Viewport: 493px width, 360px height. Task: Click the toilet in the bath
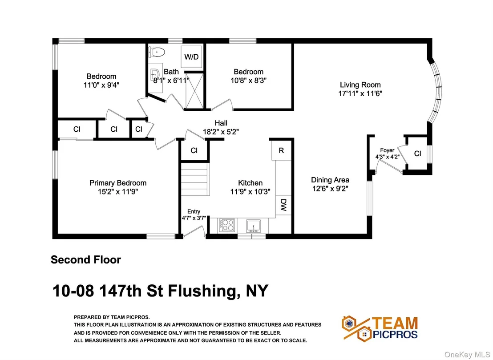[157, 52]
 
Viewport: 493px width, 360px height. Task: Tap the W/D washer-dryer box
[191, 57]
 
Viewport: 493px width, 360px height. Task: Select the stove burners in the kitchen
[226, 225]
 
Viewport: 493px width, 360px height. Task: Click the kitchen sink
[253, 226]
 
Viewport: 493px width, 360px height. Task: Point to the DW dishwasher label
[283, 205]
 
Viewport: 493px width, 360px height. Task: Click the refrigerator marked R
[281, 150]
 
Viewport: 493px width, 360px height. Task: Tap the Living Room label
[360, 85]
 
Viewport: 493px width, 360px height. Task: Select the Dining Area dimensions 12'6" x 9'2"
[330, 189]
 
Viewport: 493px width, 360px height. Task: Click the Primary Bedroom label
[118, 183]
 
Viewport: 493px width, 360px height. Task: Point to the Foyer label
[387, 150]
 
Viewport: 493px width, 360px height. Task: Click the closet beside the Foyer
[417, 154]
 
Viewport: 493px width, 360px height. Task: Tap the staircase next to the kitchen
[195, 179]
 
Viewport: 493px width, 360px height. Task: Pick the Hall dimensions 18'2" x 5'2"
[221, 132]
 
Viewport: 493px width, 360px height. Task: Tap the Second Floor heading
[86, 260]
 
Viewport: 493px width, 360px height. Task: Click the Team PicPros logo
[380, 328]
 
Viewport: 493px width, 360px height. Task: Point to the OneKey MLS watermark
[468, 355]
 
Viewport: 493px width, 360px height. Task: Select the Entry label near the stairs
[194, 212]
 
